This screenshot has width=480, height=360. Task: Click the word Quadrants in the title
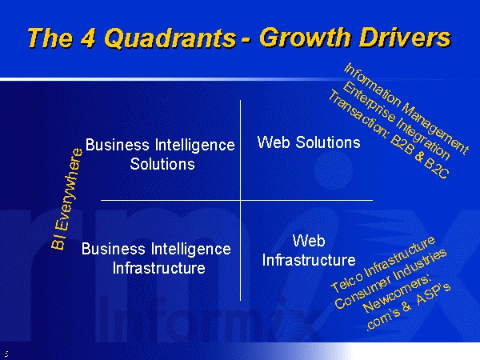[170, 38]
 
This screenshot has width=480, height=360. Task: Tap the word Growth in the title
[306, 37]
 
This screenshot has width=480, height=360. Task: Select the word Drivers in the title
[405, 38]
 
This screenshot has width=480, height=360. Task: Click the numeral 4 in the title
[89, 38]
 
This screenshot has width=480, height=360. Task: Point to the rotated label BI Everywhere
[66, 198]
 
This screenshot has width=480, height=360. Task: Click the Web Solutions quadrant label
[309, 142]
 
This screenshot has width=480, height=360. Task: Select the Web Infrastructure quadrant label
[309, 250]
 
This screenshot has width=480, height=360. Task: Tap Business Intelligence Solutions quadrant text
[160, 154]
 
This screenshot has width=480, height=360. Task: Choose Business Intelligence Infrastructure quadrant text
[156, 258]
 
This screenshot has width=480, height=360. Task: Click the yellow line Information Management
[406, 108]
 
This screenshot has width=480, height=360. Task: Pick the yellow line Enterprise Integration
[397, 121]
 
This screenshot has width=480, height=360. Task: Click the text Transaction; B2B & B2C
[389, 134]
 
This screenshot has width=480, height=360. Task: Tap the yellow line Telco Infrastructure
[382, 264]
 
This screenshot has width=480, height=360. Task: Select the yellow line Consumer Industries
[390, 278]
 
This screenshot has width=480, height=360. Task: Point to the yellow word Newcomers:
[398, 294]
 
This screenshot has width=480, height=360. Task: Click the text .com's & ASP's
[409, 308]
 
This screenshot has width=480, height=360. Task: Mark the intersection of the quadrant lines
[240, 201]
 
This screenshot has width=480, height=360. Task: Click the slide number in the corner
[6, 354]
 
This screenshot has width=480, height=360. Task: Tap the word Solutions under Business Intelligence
[162, 164]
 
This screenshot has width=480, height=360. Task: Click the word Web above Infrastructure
[309, 241]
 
